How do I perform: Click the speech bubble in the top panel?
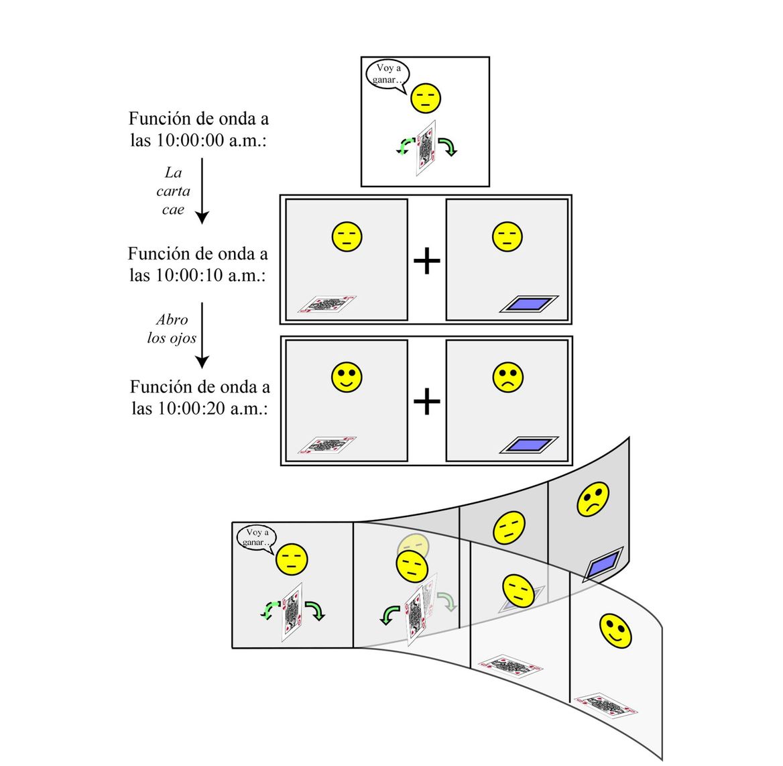(387, 74)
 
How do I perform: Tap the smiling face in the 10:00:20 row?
(347, 378)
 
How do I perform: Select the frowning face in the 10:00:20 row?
(508, 378)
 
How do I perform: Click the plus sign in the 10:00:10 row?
(426, 260)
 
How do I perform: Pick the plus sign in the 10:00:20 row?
(426, 402)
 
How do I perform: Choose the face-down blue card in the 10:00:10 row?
(528, 305)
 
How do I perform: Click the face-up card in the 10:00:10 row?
(327, 305)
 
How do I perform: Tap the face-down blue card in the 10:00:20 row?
(528, 445)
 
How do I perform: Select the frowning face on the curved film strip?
(593, 498)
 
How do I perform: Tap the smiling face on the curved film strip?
(615, 631)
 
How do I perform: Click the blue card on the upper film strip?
(603, 563)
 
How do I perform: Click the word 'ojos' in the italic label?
(182, 338)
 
